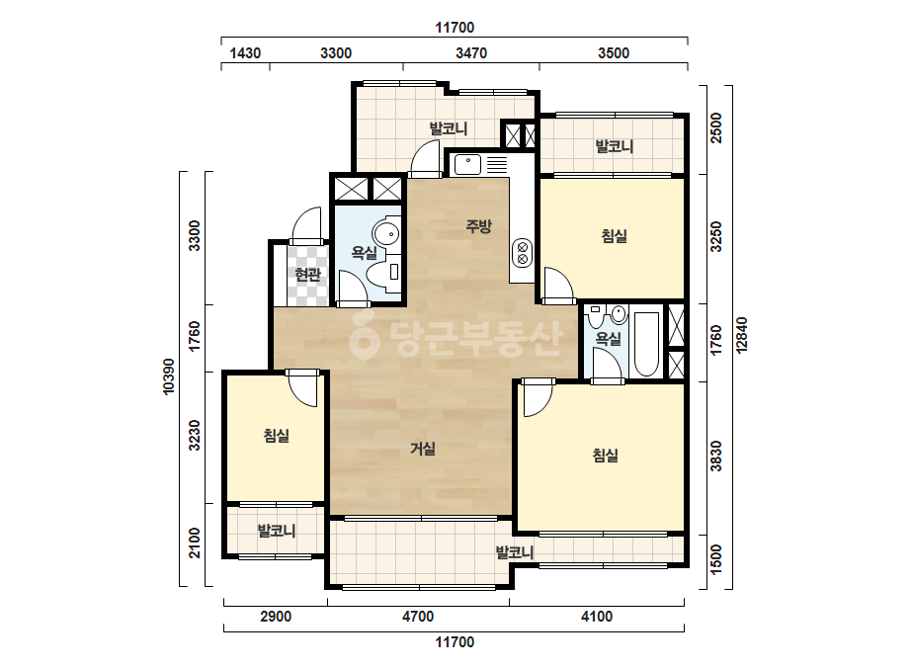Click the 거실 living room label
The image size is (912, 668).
(423, 449)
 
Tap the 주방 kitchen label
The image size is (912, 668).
(478, 225)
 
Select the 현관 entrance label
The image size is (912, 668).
(307, 274)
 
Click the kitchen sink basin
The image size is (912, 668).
(467, 165)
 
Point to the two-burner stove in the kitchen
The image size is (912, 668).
(522, 253)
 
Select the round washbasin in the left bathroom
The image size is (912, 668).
(386, 234)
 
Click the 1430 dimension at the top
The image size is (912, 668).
(245, 53)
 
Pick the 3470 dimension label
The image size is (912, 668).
(471, 53)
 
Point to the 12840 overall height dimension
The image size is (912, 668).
(742, 335)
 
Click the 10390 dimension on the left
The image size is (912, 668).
(169, 376)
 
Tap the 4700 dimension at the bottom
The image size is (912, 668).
(418, 617)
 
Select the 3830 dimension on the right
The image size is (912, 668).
(716, 457)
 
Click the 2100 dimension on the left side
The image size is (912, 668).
(195, 543)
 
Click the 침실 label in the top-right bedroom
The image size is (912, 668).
(615, 235)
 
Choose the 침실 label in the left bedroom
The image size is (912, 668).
(277, 435)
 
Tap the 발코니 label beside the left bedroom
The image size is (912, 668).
(277, 531)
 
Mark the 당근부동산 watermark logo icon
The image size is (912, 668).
(364, 336)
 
